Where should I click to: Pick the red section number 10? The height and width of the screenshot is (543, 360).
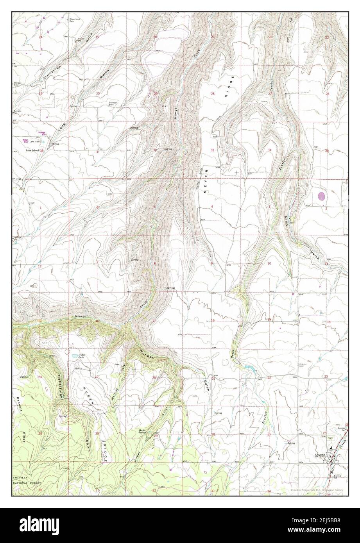(x=269, y=264)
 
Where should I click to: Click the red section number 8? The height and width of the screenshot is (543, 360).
(x=155, y=264)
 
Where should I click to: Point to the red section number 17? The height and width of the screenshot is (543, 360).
(x=154, y=321)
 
